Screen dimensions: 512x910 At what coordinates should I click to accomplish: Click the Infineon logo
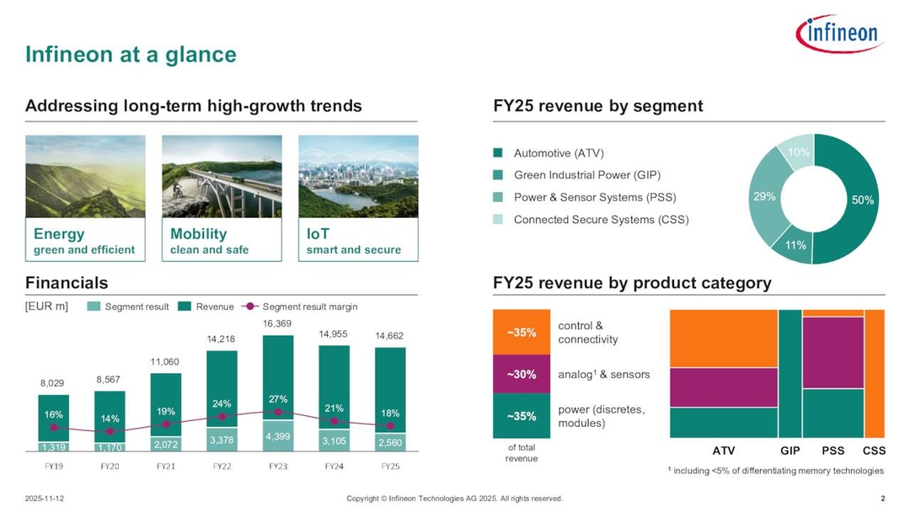[x=838, y=35]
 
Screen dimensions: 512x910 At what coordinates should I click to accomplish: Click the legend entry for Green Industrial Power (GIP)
[x=586, y=175]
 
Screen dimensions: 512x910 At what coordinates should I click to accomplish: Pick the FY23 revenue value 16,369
[x=277, y=323]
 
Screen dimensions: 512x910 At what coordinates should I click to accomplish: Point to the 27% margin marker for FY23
[x=278, y=412]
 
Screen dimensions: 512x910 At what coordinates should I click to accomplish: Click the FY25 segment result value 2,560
[x=390, y=441]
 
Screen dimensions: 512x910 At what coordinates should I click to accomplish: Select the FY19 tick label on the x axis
[x=54, y=466]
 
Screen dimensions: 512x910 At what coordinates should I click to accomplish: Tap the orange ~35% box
[x=522, y=333]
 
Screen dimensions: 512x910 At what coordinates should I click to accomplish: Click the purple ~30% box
[x=522, y=374]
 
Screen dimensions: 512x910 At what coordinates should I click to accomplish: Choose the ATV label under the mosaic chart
[x=723, y=451]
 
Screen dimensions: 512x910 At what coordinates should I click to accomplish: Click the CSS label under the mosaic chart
[x=874, y=451]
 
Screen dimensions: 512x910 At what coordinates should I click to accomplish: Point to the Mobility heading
[x=198, y=234]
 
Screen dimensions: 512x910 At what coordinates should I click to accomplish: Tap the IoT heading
[x=318, y=234]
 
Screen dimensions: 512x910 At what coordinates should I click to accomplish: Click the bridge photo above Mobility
[x=221, y=176]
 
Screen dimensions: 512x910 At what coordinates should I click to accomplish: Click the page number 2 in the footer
[x=881, y=499]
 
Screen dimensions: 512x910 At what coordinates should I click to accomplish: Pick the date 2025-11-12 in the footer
[x=45, y=499]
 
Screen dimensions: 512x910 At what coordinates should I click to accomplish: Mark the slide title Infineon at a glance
[x=131, y=55]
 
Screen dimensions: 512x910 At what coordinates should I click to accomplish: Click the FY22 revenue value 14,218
[x=222, y=339]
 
